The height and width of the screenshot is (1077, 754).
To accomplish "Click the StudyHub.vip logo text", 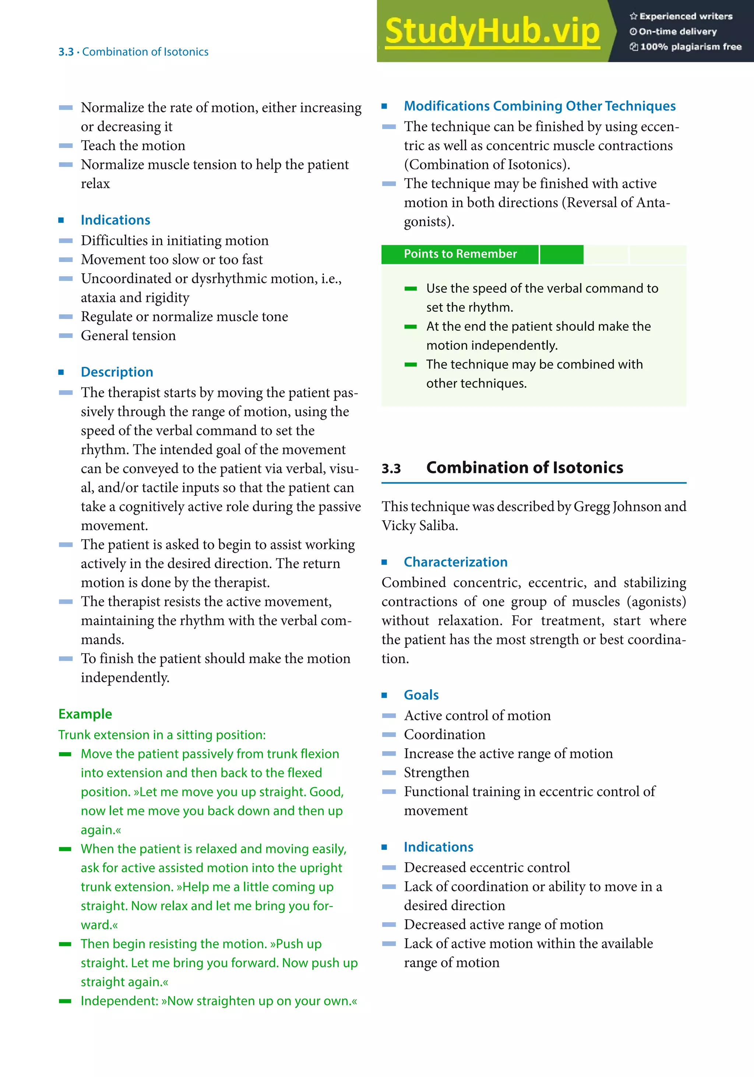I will (x=492, y=31).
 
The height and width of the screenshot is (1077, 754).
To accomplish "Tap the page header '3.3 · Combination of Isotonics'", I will (x=133, y=52).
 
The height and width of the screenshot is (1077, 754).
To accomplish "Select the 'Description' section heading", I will (x=117, y=372).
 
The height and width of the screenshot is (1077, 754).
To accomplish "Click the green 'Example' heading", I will (x=85, y=714).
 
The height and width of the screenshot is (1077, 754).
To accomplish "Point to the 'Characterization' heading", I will (x=455, y=562).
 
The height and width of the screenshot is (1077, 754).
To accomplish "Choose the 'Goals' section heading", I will (x=421, y=695).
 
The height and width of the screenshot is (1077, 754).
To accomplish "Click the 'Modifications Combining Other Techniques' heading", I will (x=539, y=106).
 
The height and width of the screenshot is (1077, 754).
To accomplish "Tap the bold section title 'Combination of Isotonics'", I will (x=524, y=468).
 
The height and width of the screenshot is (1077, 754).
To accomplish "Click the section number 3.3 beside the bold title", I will (x=391, y=469).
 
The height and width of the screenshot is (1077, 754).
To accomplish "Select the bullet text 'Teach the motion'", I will (x=133, y=145).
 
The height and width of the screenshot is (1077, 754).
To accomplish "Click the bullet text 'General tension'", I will (x=128, y=335).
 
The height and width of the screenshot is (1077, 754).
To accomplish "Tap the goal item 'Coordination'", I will (x=444, y=735).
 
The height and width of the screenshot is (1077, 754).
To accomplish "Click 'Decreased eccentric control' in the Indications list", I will (x=487, y=867).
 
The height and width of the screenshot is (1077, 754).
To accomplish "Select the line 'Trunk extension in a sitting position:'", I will (x=162, y=735).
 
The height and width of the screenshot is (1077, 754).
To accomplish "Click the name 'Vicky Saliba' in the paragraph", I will (x=419, y=525).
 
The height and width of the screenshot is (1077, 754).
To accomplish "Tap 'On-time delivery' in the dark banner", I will (x=677, y=31).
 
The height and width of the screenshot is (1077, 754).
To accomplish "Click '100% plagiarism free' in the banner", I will (x=690, y=47).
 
